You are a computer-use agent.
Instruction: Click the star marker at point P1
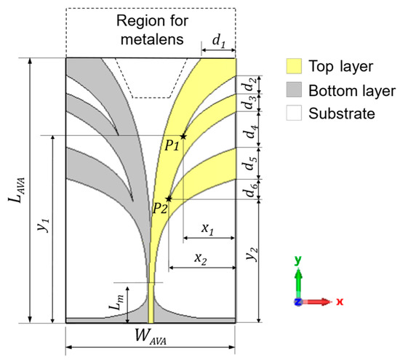pos(183,136)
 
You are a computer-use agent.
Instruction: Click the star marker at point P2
pos(169,199)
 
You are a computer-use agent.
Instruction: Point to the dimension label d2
pos(249,71)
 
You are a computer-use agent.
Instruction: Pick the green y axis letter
pos(298,260)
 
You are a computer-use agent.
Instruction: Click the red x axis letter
pos(340,300)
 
